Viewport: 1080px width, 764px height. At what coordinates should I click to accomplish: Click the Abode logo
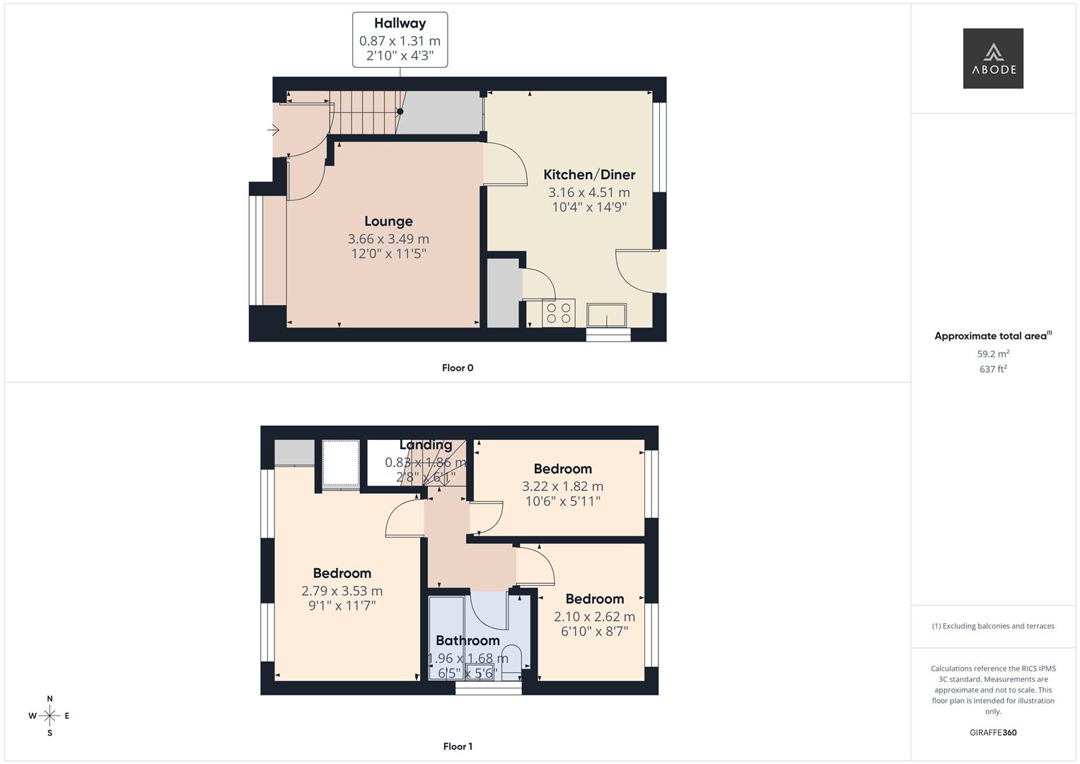[x=992, y=59]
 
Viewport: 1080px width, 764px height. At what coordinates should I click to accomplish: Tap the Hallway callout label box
[x=400, y=40]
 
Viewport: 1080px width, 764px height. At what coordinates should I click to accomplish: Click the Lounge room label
[x=388, y=221]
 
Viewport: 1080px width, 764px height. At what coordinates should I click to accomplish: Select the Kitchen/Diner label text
[x=588, y=175]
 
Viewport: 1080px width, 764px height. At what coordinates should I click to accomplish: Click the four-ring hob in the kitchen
[x=558, y=313]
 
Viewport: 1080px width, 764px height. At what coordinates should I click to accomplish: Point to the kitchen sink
[x=607, y=315]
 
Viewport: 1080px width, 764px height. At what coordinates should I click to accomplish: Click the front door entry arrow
[x=273, y=130]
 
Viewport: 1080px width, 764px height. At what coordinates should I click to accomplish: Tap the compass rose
[x=50, y=716]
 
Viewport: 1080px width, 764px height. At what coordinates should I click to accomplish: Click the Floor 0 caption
[x=458, y=368]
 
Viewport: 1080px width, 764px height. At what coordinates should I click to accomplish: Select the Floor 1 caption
[x=458, y=746]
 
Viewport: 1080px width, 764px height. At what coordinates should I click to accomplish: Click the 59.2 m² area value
[x=992, y=354]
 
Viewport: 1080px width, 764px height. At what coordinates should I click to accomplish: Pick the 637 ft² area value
[x=992, y=369]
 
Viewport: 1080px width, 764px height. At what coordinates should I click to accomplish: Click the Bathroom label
[x=468, y=641]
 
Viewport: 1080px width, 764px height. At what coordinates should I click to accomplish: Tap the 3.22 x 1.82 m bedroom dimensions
[x=562, y=487]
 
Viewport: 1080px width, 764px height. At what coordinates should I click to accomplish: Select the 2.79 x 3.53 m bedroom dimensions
[x=342, y=591]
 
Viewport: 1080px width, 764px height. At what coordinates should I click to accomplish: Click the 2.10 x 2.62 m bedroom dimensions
[x=594, y=617]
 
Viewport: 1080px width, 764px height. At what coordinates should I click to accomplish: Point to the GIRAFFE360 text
[x=992, y=732]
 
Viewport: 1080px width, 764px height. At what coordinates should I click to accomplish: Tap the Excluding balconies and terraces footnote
[x=992, y=626]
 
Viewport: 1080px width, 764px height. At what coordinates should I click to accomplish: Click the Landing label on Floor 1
[x=426, y=445]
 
